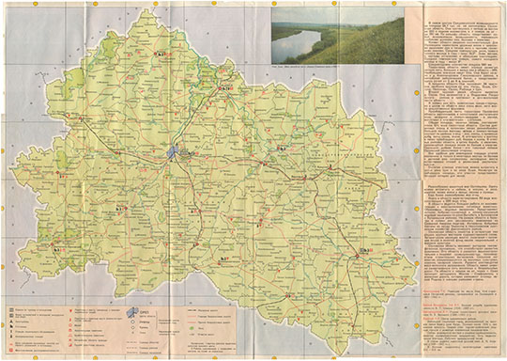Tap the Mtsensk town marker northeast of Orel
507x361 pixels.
coord(223,88)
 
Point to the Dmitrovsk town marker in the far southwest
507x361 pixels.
coord(56,249)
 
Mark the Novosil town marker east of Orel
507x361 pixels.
coord(279,149)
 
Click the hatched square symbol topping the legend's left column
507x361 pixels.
coord(9,308)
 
